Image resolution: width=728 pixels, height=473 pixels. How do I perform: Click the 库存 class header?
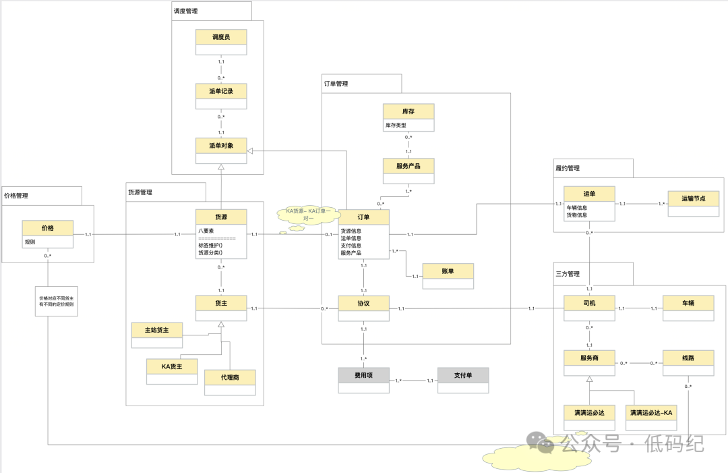(x=408, y=111)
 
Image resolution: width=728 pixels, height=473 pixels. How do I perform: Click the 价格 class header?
(x=47, y=228)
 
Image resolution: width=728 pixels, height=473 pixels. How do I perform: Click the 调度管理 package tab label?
(x=186, y=11)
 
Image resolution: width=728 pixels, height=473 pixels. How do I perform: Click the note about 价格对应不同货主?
(x=57, y=301)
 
